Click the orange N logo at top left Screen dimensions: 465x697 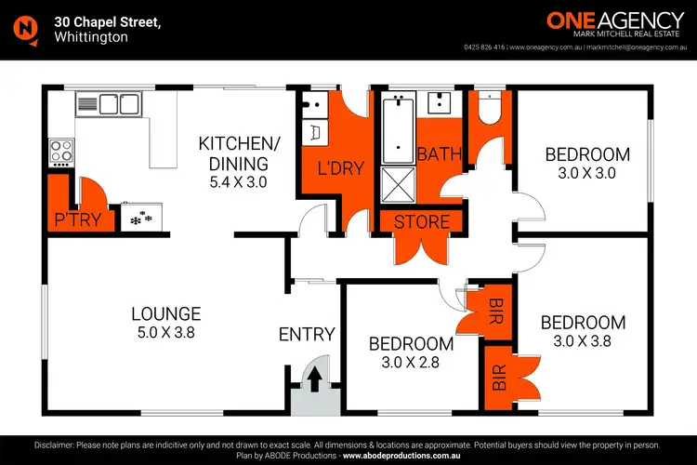coord(26,29)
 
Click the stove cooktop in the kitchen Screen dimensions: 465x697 coord(60,151)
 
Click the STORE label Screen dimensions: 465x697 coord(422,222)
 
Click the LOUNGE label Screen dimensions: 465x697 coord(166,313)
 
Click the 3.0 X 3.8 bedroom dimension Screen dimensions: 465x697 coord(583,342)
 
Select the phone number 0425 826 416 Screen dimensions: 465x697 coord(484,46)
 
